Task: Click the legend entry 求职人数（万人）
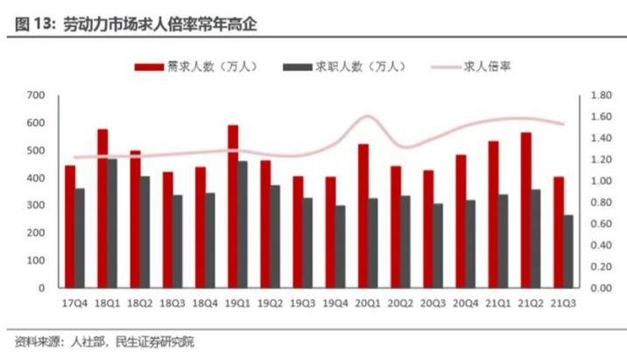coord(346,67)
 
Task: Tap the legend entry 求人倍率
coord(480,67)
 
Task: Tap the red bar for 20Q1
coord(363,215)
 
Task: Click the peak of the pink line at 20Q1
coord(367,116)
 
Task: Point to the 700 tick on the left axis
coord(36,95)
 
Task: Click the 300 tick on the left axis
coord(36,205)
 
